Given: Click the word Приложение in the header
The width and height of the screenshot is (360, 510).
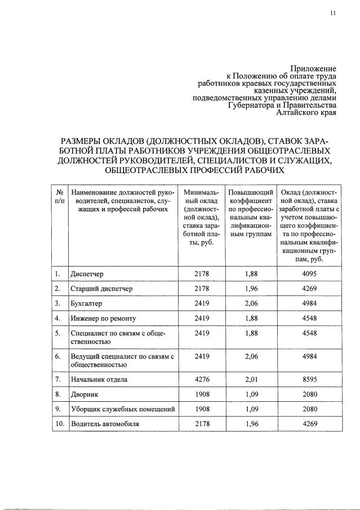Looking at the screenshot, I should [314, 69].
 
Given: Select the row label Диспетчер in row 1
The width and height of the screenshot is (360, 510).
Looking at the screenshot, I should [87, 274].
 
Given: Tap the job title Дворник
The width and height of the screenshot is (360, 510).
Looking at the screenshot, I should [86, 393].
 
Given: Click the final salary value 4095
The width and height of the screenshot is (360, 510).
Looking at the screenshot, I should [309, 274].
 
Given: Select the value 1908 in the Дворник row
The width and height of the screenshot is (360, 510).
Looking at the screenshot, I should [201, 393].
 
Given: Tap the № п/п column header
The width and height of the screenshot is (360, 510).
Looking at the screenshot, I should [59, 197].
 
